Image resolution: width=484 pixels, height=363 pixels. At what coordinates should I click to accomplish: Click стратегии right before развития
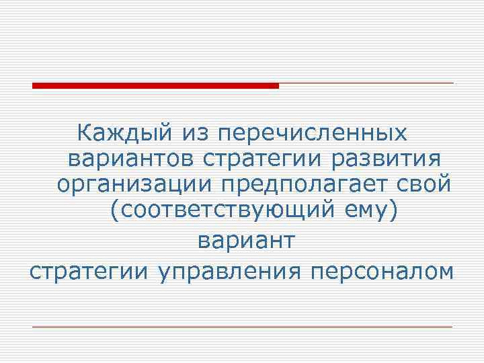[258, 159]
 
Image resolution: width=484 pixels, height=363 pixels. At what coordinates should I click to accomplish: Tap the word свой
[421, 184]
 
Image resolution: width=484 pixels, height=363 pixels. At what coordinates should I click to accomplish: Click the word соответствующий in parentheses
[223, 210]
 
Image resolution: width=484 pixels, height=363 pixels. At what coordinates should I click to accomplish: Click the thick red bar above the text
[155, 85]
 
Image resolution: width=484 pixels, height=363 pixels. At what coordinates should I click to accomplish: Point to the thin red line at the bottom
[242, 327]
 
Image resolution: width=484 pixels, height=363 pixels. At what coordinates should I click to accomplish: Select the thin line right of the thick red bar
[366, 83]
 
